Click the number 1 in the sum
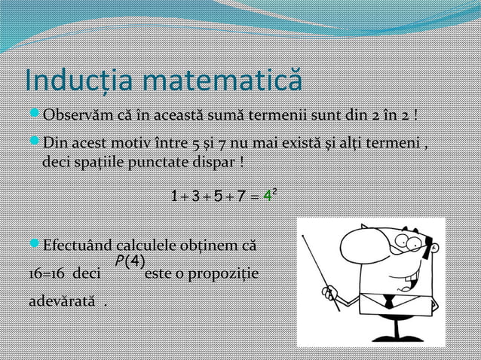175,197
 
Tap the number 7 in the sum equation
239,197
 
